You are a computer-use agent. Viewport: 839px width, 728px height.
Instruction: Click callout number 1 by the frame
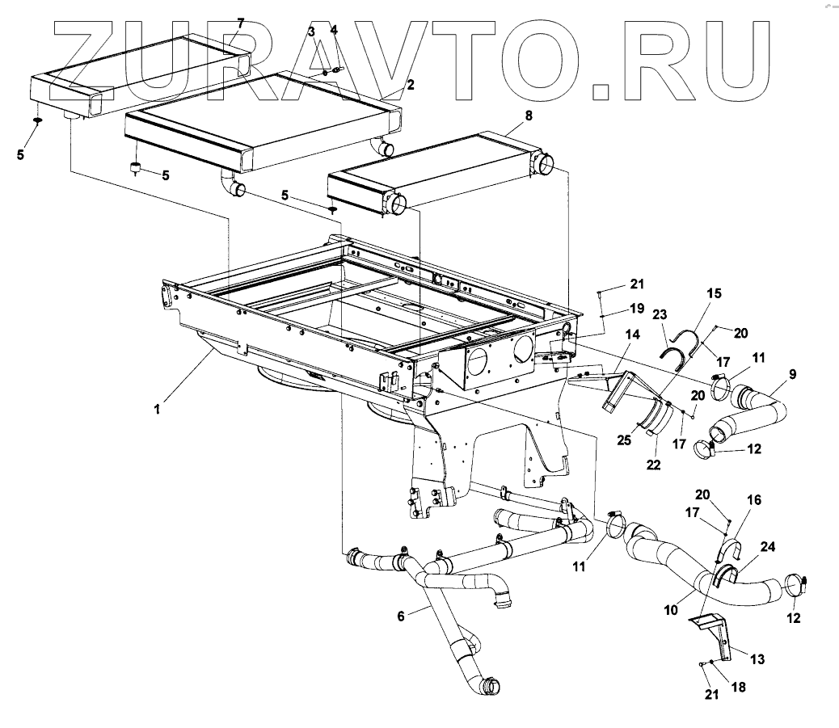coord(158,410)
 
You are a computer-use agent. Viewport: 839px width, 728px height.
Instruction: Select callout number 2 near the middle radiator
coord(411,85)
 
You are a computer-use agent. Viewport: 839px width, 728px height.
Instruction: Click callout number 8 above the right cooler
coord(529,116)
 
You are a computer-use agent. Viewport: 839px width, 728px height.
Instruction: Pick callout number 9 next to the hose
coord(793,374)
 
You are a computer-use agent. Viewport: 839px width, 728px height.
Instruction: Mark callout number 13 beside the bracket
coord(758,659)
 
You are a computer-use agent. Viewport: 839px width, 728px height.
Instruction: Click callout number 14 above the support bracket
coord(631,335)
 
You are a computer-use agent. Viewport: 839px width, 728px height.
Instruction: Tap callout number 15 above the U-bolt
coord(715,293)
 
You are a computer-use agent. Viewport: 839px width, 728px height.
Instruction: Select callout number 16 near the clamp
coord(753,500)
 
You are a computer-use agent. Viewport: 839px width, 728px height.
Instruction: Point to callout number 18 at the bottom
coord(737,688)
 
